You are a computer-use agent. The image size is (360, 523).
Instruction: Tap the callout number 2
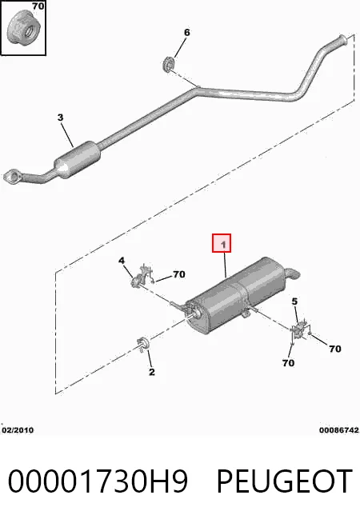[x=152, y=372]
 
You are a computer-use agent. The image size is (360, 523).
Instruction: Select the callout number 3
[x=60, y=118]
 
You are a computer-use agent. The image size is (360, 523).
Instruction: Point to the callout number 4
[x=122, y=260]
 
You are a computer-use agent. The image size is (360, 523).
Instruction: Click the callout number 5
[x=294, y=301]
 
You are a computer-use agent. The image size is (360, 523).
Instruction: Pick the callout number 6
[x=187, y=32]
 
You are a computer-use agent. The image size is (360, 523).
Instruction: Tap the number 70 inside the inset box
[x=38, y=6]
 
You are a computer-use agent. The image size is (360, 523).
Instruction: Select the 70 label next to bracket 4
[x=179, y=274]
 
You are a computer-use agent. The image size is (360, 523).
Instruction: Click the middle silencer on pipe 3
[x=78, y=160]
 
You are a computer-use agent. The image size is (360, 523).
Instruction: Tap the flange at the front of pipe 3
[x=13, y=177]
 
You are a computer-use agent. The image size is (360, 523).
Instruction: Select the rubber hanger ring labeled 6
[x=168, y=64]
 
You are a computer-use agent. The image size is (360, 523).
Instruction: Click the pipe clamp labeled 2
[x=143, y=344]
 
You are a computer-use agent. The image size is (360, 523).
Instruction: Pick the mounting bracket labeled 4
[x=142, y=277]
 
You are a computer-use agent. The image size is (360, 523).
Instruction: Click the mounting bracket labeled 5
[x=301, y=330]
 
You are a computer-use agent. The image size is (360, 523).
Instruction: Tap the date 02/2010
[x=18, y=430]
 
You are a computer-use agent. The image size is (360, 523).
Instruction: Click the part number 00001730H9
[x=98, y=481]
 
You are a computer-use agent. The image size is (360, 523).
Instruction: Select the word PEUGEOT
[x=285, y=481]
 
